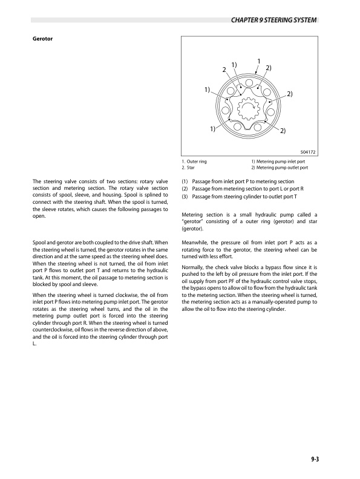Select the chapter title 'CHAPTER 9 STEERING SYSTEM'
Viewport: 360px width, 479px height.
tap(275, 22)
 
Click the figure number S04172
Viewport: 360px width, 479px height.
tap(309, 152)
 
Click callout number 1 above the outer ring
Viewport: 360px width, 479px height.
tap(258, 60)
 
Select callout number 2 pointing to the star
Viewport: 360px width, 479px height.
tap(224, 71)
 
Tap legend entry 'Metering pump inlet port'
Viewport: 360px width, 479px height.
tap(281, 162)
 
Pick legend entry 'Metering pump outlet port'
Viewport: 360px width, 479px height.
tap(282, 168)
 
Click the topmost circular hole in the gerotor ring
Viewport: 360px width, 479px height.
tap(249, 85)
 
